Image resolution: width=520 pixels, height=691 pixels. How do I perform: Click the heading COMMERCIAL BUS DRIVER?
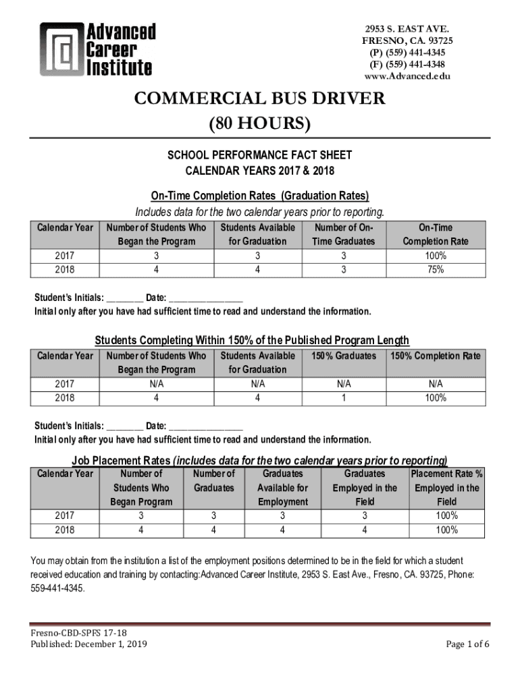tap(259, 99)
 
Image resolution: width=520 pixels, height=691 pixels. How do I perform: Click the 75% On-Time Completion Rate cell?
tap(435, 269)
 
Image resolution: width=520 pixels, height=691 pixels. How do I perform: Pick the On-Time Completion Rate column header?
tap(435, 234)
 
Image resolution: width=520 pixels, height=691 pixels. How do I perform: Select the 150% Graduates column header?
tap(344, 356)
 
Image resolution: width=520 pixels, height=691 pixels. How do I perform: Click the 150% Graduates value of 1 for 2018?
tap(344, 397)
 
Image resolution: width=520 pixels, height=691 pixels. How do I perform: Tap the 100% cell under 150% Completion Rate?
tap(435, 397)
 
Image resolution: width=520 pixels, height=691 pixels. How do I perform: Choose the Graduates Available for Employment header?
tap(282, 488)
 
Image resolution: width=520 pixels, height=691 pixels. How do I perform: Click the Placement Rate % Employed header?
tap(446, 488)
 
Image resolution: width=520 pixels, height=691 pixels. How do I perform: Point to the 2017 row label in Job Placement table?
tap(65, 516)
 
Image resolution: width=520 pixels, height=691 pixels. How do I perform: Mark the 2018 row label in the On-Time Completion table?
tap(65, 269)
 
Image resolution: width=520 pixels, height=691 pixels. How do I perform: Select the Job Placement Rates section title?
tap(259, 461)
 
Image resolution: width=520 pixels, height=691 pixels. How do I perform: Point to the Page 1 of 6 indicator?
tap(467, 644)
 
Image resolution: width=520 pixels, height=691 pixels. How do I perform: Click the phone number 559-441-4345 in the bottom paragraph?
tap(58, 588)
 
